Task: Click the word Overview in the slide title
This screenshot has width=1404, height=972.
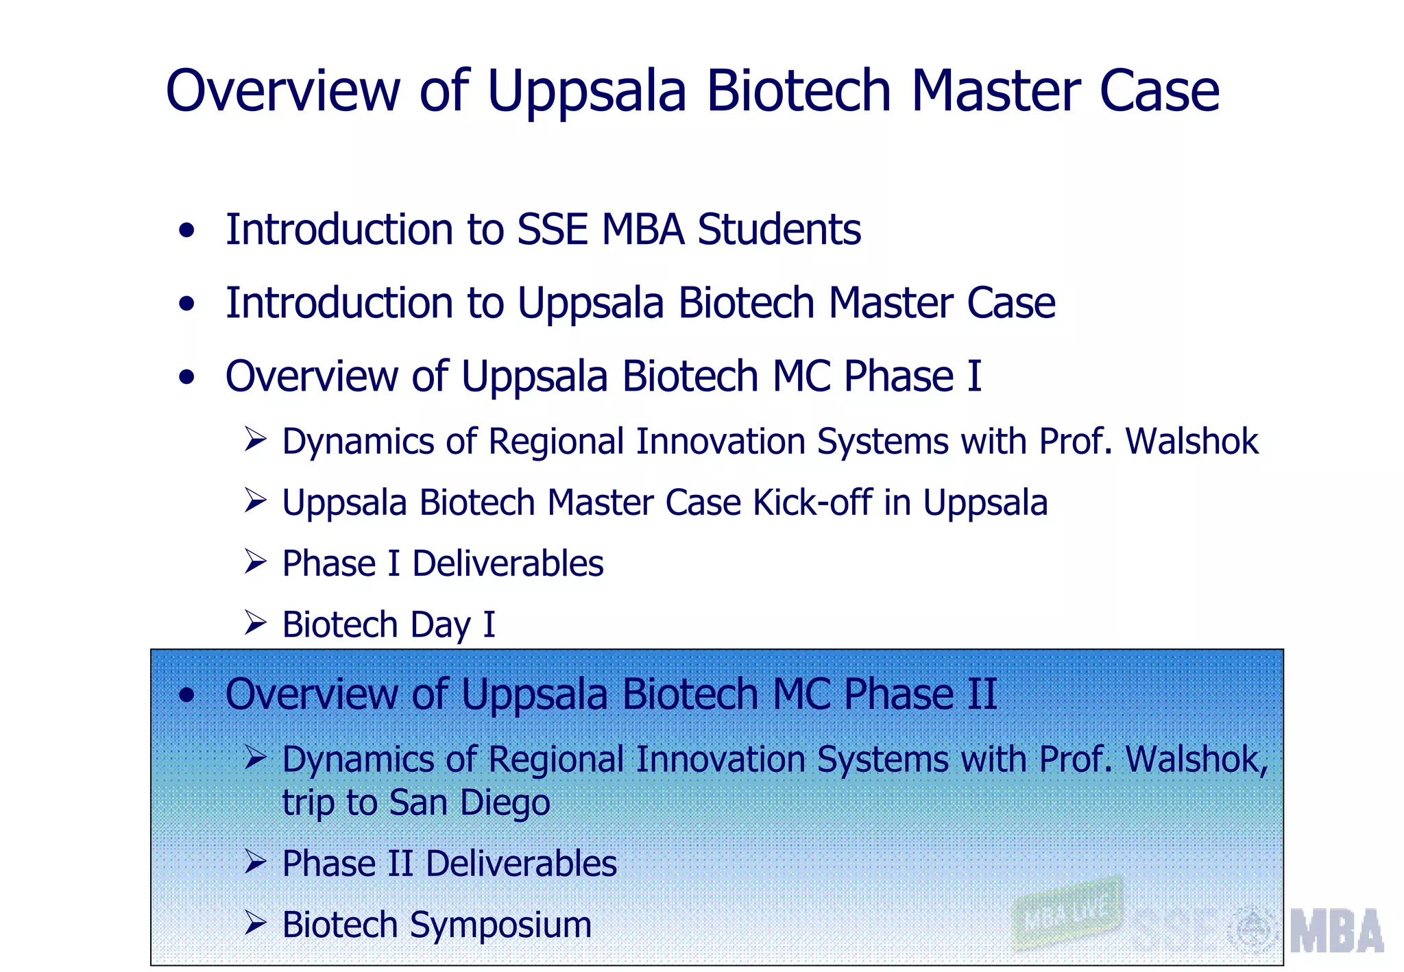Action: pos(282,91)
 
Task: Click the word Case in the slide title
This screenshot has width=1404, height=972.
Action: pos(1159,91)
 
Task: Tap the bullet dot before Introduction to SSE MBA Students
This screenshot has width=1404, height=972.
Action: pos(186,231)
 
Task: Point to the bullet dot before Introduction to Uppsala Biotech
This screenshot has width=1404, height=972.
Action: pos(186,304)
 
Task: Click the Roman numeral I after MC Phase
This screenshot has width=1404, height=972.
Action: pos(974,376)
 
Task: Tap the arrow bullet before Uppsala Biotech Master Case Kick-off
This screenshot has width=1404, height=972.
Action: pos(255,500)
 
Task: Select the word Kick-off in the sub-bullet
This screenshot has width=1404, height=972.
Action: pos(812,502)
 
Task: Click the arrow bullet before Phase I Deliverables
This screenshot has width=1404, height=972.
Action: pos(255,561)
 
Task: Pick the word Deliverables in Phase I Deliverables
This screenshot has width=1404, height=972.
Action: pos(507,564)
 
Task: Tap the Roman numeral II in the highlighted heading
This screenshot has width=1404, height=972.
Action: pos(982,694)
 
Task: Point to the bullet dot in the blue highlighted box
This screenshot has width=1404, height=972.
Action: pos(186,696)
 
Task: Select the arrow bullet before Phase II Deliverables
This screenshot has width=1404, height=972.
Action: pos(255,862)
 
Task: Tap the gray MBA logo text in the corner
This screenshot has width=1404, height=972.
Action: pos(1336,932)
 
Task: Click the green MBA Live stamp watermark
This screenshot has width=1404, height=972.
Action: pos(1067,914)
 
